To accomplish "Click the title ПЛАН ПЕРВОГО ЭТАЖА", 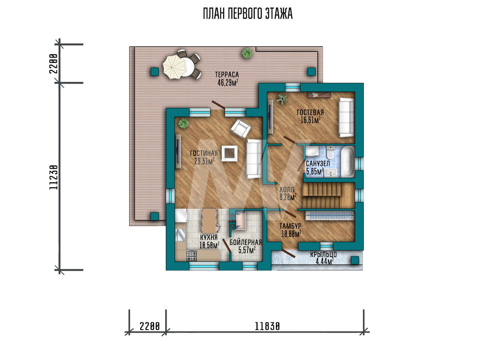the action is pos(248,14).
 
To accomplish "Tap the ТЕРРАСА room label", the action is pos(227,74).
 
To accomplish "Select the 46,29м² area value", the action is pos(228,82).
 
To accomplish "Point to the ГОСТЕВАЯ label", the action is pos(310,112).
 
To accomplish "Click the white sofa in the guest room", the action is pos(346,118).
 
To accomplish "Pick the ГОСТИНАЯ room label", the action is pos(204,153).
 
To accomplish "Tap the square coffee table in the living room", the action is pos(230,153).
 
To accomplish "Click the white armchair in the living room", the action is pos(241,129).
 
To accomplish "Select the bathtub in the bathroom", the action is pos(347,161).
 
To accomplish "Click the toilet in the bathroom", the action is pos(331,153).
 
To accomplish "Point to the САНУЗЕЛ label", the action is pos(318,164).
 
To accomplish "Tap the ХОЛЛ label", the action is pos(287,189).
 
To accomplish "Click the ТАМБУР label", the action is pos(290,226).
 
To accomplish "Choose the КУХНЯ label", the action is pos(209,237).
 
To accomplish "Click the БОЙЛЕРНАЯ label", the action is pos(246,242).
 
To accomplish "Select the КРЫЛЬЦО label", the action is pos(324,254).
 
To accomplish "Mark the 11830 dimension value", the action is pos(267,326).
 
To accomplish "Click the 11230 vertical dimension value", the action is pos(54,177).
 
